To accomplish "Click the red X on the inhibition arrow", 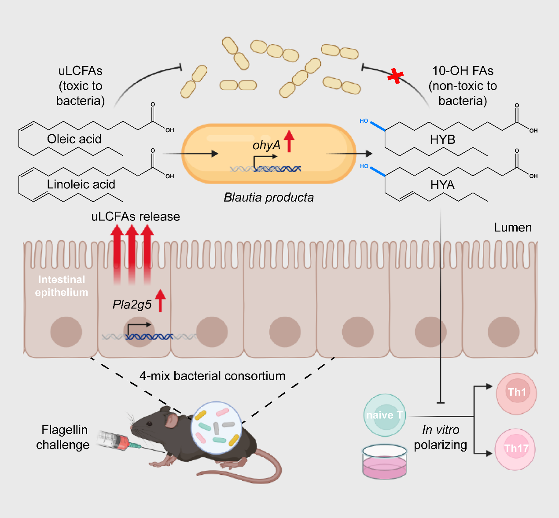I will pyautogui.click(x=395, y=76).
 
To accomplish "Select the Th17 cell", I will pyautogui.click(x=515, y=449).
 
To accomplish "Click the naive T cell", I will pyautogui.click(x=385, y=415).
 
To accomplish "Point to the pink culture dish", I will pyautogui.click(x=385, y=462).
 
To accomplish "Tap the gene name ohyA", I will pyautogui.click(x=266, y=145).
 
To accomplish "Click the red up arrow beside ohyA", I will pyautogui.click(x=289, y=141).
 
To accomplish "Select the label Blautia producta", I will pyautogui.click(x=268, y=197).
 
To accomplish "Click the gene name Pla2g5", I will pyautogui.click(x=132, y=304).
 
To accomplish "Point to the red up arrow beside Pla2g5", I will pyautogui.click(x=161, y=301).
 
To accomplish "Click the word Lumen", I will pyautogui.click(x=513, y=228).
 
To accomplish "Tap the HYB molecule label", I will pyautogui.click(x=442, y=140).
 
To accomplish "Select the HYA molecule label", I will pyautogui.click(x=442, y=185).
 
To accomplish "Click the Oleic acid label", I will pyautogui.click(x=74, y=139).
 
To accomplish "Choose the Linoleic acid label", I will pyautogui.click(x=81, y=184).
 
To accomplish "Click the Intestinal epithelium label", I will pyautogui.click(x=62, y=286).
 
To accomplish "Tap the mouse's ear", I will pyautogui.click(x=171, y=420).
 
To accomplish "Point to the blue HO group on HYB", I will pyautogui.click(x=364, y=121).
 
